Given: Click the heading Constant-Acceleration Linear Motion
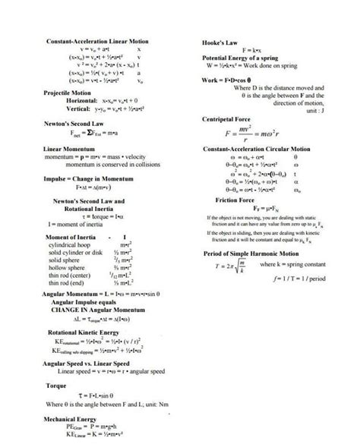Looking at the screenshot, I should [98, 40].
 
